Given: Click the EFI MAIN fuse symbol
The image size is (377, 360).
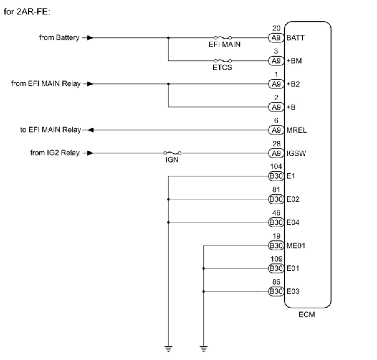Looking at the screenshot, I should [x=222, y=38].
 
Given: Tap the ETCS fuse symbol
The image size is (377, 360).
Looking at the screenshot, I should [x=222, y=61].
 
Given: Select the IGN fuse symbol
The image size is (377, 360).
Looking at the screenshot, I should [x=172, y=153].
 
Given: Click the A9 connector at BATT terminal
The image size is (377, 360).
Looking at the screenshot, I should [x=276, y=38].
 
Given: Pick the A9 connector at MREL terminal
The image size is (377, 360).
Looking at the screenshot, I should [x=276, y=130].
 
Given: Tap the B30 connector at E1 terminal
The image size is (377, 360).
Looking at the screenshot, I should [x=276, y=176].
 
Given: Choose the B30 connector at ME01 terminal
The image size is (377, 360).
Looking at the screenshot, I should [x=276, y=245].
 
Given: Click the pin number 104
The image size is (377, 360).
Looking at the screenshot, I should [x=276, y=167].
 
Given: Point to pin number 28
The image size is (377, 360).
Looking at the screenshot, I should [x=276, y=144].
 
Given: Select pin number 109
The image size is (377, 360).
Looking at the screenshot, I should [x=276, y=259].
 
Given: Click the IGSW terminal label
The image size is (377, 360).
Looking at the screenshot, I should [x=296, y=153].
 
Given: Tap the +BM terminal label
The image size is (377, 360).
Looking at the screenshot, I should [x=294, y=61].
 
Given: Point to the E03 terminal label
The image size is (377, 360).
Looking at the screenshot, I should [x=293, y=291].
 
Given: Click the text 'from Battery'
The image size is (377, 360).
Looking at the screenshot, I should [x=59, y=38].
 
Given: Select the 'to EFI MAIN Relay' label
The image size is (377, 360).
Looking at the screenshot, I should [x=50, y=130].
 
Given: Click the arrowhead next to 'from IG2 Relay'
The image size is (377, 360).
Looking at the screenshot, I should [x=90, y=153].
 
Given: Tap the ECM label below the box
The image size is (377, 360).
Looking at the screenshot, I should [x=307, y=315].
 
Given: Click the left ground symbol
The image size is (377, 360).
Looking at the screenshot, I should [x=168, y=349].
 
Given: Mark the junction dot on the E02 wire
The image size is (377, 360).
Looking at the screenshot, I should [x=168, y=199].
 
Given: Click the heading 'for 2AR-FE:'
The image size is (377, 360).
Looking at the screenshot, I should [x=27, y=12].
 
